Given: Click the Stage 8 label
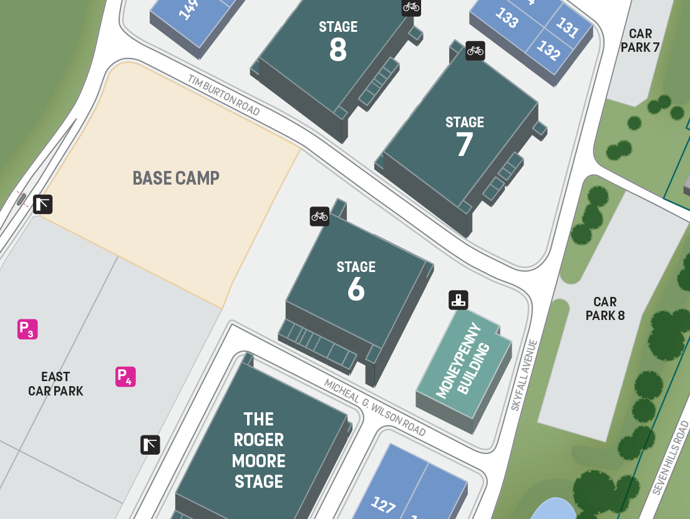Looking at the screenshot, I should click(x=338, y=41).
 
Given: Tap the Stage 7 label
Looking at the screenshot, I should click(x=465, y=137).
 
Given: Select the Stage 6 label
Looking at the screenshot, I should click(x=356, y=281).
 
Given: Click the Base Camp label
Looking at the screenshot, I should click(x=176, y=178).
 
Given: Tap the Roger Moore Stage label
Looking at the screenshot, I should click(x=259, y=450).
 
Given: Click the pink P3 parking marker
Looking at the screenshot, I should click(x=27, y=329).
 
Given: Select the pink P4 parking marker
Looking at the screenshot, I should click(x=125, y=377).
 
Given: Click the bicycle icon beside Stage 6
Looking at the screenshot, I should click(x=319, y=216).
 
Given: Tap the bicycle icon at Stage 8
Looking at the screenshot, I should click(x=411, y=7).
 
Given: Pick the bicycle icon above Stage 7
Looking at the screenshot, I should click(x=475, y=51).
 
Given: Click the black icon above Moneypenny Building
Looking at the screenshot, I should click(x=459, y=300).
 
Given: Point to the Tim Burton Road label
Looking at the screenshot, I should click(x=224, y=95).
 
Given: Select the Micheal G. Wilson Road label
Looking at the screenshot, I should click(x=375, y=407).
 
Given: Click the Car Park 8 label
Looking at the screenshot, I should click(x=605, y=309).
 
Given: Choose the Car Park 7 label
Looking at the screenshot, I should click(x=640, y=41).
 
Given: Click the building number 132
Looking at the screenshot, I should click(x=548, y=50).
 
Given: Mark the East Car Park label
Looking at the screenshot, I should click(x=56, y=384).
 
